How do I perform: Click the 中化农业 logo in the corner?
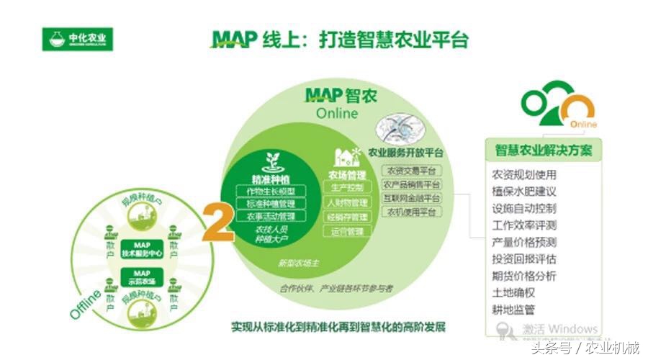pos(78,39)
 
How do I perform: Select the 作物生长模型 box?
pos(271,191)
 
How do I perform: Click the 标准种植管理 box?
pos(271,203)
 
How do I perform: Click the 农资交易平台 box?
pos(410,171)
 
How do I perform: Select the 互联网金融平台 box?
pos(410,198)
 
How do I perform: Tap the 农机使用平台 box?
pos(410,212)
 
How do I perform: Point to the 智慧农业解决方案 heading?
pos(544,151)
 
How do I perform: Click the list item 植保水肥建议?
pos(523,192)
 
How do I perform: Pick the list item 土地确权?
pos(513,293)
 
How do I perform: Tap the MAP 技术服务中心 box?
pos(141,249)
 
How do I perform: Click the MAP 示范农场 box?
pos(141,276)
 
